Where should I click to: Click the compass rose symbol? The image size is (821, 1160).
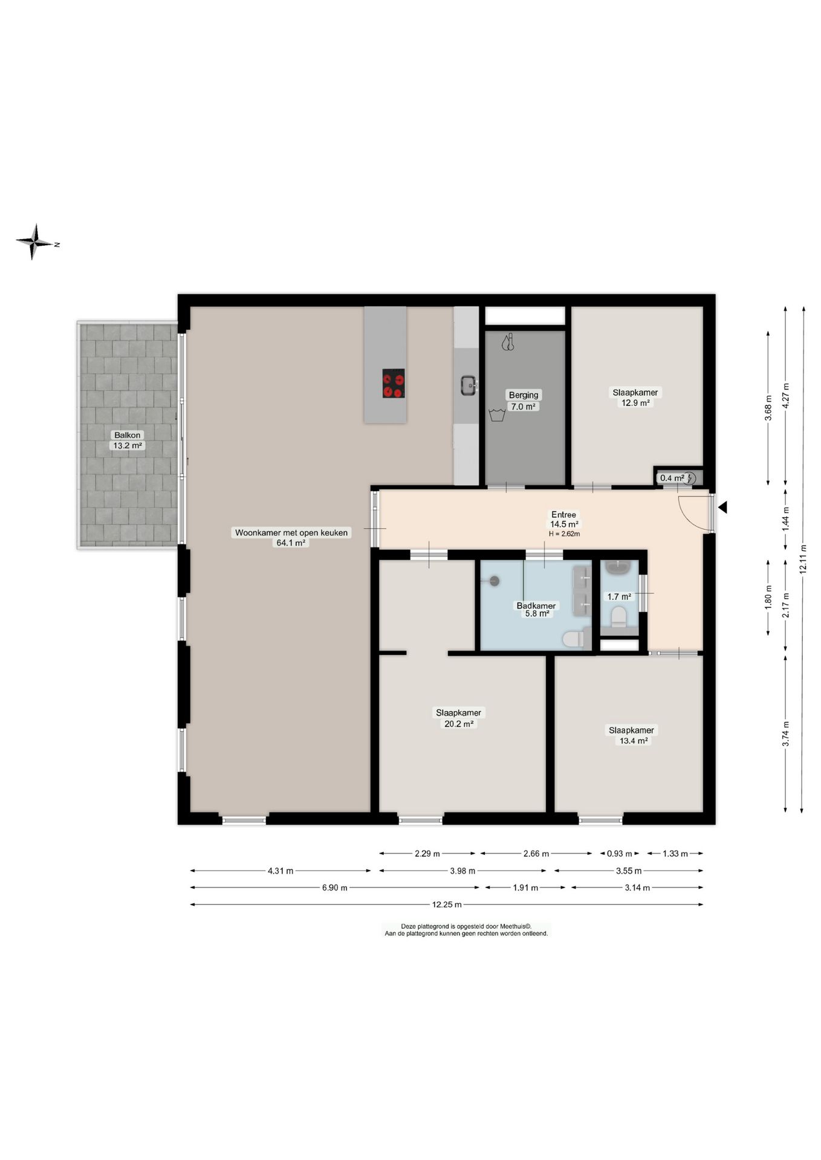click(x=34, y=242)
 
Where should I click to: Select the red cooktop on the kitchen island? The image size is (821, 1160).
click(x=394, y=383)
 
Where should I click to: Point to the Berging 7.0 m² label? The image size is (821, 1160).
click(x=524, y=401)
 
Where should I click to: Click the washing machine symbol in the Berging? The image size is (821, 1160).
click(x=497, y=415)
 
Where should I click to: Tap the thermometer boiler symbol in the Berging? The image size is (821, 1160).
click(x=507, y=343)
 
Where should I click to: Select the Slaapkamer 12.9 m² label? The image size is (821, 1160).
click(x=635, y=398)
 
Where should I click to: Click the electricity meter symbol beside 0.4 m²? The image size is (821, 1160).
click(x=690, y=478)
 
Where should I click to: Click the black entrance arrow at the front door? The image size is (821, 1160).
click(x=722, y=507)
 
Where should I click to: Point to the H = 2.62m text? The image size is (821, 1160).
click(x=564, y=534)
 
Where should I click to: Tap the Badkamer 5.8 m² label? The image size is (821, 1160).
click(x=536, y=610)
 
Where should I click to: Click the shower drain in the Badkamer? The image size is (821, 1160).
click(x=495, y=581)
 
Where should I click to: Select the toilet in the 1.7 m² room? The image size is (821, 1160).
click(x=618, y=616)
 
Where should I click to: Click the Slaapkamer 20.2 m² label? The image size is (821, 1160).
click(x=459, y=718)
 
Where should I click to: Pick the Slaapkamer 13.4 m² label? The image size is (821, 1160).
click(x=632, y=735)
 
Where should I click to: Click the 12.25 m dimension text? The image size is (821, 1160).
click(x=447, y=904)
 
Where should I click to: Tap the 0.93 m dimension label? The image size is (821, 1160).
click(x=620, y=854)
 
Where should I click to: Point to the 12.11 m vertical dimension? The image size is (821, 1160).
click(x=802, y=560)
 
